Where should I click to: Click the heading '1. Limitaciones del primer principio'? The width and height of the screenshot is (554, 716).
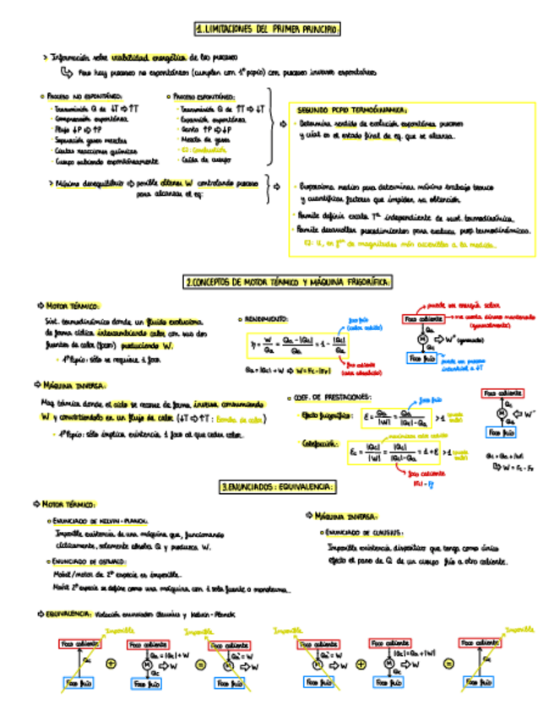pos(267,30)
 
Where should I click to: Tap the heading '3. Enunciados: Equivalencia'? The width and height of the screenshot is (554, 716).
pos(277,487)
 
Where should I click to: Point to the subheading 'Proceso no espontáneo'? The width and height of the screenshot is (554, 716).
pos(82,97)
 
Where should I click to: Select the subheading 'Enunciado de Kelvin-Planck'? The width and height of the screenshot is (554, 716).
pos(100,521)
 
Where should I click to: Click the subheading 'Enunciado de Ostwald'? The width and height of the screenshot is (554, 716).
pos(87,560)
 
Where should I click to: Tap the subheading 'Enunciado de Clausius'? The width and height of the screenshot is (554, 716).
pos(364,532)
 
